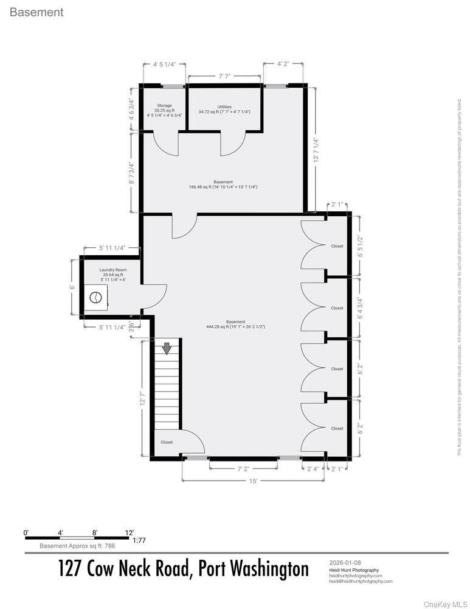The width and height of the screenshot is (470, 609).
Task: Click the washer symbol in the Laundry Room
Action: pyautogui.click(x=95, y=297)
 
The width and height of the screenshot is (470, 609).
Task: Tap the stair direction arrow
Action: pyautogui.click(x=167, y=348)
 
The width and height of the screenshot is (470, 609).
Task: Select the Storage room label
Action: pyautogui.click(x=164, y=110)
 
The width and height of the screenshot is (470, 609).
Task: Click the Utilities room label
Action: pyautogui.click(x=224, y=109)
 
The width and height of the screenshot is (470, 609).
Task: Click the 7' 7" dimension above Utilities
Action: pyautogui.click(x=224, y=77)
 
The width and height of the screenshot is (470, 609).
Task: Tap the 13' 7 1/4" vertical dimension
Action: pyautogui.click(x=315, y=150)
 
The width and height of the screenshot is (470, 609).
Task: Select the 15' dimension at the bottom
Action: pyautogui.click(x=253, y=481)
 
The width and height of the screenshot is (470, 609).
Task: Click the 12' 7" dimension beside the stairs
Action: pyautogui.click(x=143, y=398)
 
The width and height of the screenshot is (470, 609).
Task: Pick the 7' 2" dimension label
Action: pyautogui.click(x=243, y=468)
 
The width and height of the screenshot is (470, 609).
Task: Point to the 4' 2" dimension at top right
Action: pyautogui.click(x=283, y=63)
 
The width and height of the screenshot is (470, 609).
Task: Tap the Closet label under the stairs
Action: pyautogui.click(x=167, y=442)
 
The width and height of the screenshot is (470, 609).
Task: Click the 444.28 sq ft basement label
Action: pyautogui.click(x=235, y=325)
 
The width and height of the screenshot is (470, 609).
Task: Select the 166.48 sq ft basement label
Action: pyautogui.click(x=223, y=185)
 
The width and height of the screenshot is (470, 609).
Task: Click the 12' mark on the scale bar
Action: pyautogui.click(x=130, y=532)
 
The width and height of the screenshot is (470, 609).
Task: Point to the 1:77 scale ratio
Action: pyautogui.click(x=139, y=540)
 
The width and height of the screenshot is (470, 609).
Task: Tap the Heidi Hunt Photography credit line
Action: pyautogui.click(x=353, y=570)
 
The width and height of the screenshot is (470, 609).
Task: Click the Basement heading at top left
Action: pyautogui.click(x=36, y=12)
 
